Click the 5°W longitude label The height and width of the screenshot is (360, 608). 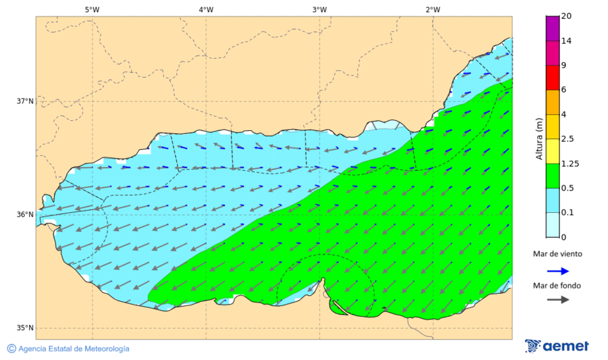[92, 9]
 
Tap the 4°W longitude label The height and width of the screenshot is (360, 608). [206, 9]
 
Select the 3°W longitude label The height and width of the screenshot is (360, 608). [320, 9]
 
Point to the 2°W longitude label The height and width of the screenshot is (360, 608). [433, 9]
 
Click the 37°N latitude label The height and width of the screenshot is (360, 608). [25, 101]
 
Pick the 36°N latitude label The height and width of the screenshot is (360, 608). [25, 215]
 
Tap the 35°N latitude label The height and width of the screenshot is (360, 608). [25, 328]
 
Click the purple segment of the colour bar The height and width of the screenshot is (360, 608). [553, 28]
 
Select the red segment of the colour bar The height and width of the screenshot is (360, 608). [553, 78]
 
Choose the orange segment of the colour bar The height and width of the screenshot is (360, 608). [553, 102]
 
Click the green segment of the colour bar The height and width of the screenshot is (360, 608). [553, 176]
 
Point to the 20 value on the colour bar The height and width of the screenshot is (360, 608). [567, 17]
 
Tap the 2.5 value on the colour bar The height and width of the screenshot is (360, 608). [567, 139]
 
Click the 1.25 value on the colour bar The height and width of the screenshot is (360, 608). [569, 163]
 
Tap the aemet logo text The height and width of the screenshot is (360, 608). [566, 346]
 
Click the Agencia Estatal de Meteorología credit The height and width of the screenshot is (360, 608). [74, 349]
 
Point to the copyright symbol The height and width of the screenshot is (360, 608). [11, 349]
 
